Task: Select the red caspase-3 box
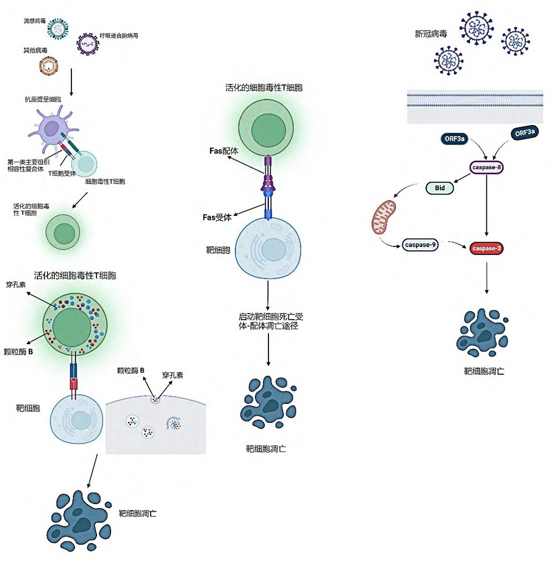click(486, 248)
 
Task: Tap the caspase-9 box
click(420, 245)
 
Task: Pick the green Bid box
click(439, 187)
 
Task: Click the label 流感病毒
click(35, 21)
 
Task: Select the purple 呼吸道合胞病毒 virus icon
click(87, 44)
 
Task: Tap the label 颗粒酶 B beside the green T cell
click(18, 351)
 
